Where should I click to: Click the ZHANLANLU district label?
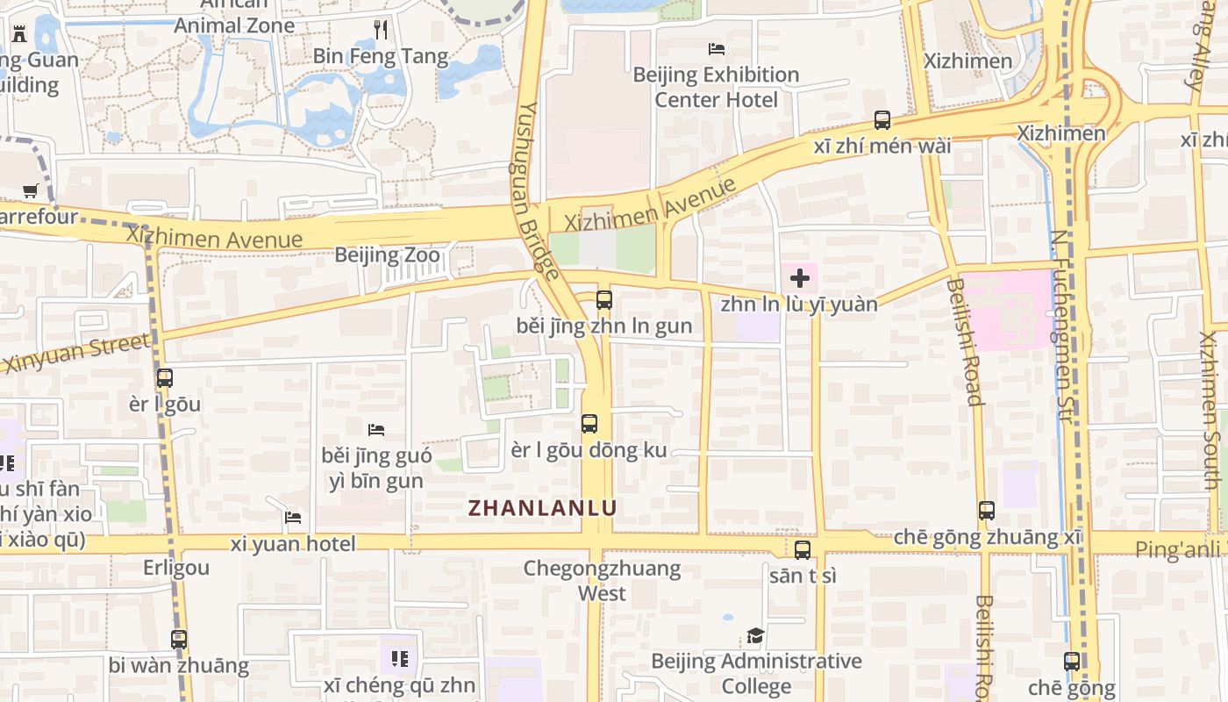point(542,508)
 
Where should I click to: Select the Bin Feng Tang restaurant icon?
point(381,30)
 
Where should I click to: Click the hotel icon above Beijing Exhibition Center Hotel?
point(717,49)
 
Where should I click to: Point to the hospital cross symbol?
point(800,279)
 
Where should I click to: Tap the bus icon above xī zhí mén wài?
point(882,120)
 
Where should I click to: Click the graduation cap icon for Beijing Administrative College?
point(755,635)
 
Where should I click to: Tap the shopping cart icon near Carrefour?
point(31,190)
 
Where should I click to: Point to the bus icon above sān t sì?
point(803,550)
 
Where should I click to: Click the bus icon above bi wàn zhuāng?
point(179,640)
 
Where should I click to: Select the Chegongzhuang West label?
point(602,580)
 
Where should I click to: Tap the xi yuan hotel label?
point(293,544)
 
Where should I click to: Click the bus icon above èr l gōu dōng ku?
point(589,424)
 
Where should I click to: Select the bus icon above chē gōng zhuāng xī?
point(987,511)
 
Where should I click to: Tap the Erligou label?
point(176,568)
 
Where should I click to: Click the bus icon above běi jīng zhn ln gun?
point(604,300)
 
